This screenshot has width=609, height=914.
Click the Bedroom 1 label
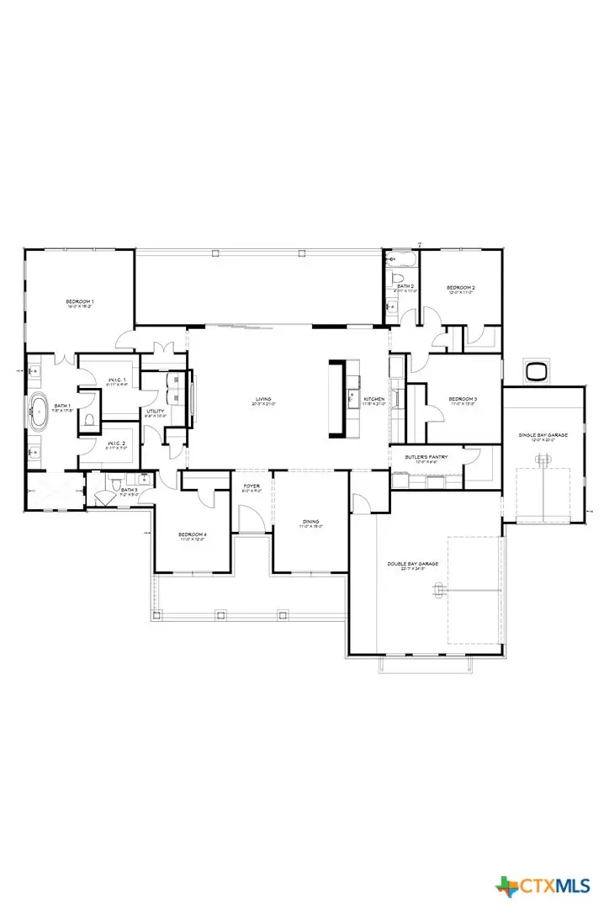point(80,301)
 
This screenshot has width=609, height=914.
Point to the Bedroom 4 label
point(193,534)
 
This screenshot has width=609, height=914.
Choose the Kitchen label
point(374,399)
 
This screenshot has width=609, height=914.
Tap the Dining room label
point(311,523)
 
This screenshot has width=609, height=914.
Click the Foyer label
point(252,486)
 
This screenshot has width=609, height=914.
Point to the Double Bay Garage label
point(406,565)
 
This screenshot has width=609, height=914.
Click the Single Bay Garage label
point(543,435)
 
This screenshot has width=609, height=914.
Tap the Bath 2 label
point(405,287)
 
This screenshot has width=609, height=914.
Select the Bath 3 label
point(129,490)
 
